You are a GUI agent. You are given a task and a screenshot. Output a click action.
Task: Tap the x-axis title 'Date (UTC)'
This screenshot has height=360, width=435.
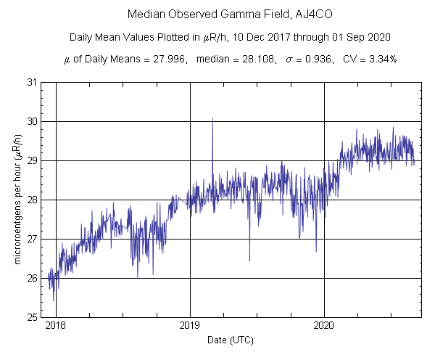click(231, 340)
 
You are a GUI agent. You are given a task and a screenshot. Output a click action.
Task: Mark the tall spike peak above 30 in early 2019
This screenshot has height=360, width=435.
click(212, 119)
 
